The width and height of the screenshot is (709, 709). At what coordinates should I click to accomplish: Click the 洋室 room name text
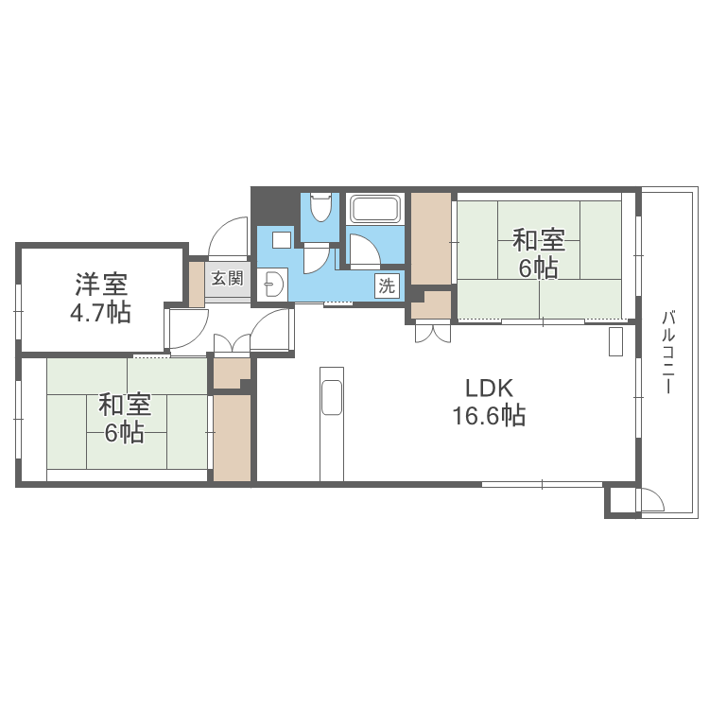[x=102, y=283]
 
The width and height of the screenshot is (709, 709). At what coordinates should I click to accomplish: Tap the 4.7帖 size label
[x=101, y=314]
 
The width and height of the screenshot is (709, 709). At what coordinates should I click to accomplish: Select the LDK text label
[x=488, y=387]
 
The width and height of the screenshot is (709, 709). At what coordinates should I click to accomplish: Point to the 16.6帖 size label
[x=488, y=415]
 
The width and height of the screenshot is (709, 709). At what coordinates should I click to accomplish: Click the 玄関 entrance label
[x=227, y=278]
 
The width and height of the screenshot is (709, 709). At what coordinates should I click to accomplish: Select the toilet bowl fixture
[x=321, y=206]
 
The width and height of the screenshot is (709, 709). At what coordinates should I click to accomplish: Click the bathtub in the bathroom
[x=375, y=208]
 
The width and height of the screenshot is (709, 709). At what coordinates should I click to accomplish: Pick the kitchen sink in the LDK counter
[x=331, y=397]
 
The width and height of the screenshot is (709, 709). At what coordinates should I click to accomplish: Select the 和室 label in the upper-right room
[x=539, y=237]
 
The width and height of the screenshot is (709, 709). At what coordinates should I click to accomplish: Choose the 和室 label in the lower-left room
[x=125, y=405]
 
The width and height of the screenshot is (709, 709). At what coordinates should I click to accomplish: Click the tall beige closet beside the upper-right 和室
[x=430, y=238]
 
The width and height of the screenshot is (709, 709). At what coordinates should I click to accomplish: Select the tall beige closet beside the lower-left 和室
[x=232, y=437]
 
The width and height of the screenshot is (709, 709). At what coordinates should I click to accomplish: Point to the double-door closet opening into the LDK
[x=432, y=331]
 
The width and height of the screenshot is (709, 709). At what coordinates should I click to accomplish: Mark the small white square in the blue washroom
[x=281, y=238]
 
